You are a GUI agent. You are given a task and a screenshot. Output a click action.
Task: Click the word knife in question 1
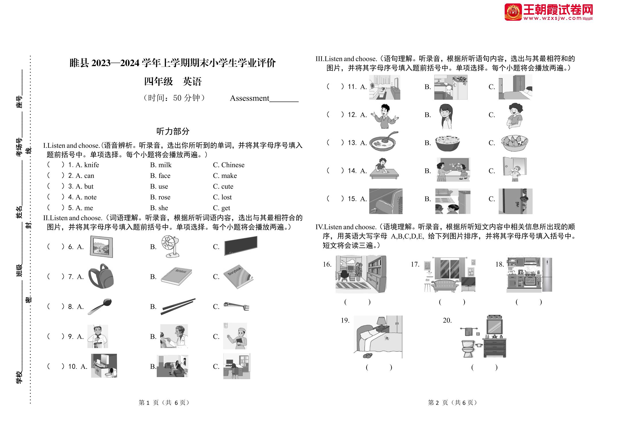pos(91,165)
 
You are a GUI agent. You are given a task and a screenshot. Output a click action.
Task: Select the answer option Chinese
pos(233,165)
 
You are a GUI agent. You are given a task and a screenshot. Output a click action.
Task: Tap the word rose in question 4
pos(164,197)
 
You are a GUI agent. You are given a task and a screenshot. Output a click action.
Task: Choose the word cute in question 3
pos(227,187)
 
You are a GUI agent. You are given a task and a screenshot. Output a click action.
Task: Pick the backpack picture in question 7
pos(101,276)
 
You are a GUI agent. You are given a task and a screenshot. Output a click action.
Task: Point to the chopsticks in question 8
pos(178,306)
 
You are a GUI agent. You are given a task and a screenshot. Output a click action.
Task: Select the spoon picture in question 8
pos(100,306)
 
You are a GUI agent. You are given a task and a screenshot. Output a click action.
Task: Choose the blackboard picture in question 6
pos(241,246)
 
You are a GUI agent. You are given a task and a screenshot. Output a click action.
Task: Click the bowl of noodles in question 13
pos(447,143)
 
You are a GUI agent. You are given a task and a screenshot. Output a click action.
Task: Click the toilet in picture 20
pos(468,348)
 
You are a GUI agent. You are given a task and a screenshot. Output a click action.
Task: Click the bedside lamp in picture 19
pos(382,322)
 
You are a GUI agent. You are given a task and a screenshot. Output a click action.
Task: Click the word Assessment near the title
pos(250,98)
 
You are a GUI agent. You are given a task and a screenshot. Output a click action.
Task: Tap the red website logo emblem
pos(513,12)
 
